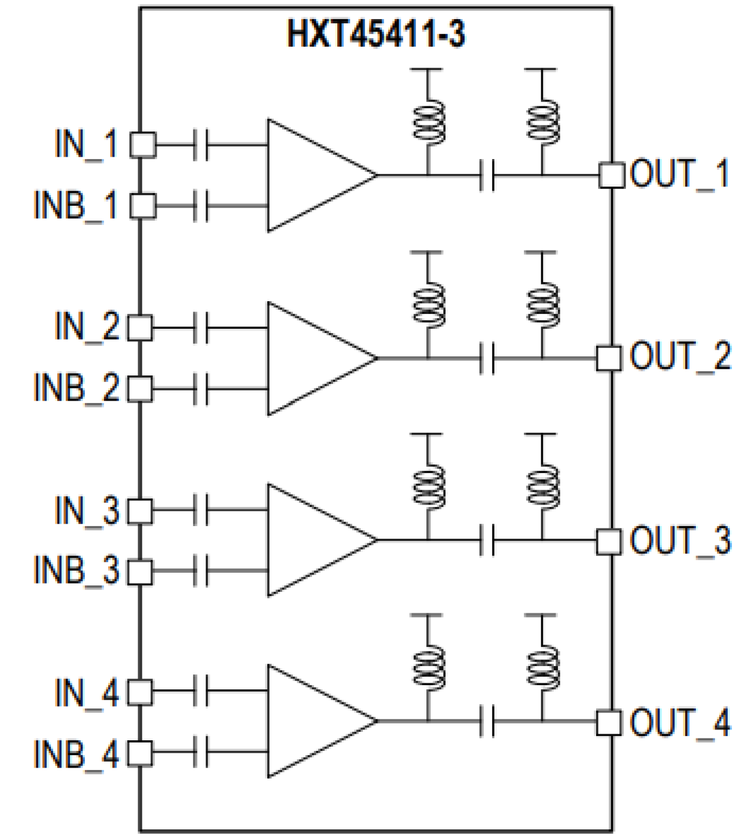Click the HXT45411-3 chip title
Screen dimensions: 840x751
tap(375, 33)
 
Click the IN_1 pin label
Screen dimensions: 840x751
tap(86, 144)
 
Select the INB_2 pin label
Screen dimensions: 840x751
tap(77, 388)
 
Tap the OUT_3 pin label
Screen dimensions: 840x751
tap(680, 540)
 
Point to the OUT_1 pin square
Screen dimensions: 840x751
tap(611, 175)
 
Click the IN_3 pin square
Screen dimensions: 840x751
tap(141, 511)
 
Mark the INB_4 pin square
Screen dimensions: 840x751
tap(141, 753)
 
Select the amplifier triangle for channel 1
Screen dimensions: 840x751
tap(311, 175)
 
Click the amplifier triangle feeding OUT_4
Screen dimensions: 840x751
tap(311, 721)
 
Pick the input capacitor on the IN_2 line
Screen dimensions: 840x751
tap(201, 328)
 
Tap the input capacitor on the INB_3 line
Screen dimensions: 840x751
tap(201, 570)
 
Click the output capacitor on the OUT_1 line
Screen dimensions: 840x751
tap(487, 176)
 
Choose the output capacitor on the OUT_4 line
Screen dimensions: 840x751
tap(487, 722)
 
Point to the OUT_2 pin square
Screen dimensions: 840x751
tap(609, 359)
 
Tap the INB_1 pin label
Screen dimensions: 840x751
tap(76, 206)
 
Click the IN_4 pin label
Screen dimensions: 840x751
tap(87, 694)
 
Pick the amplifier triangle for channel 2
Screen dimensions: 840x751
tap(311, 359)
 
